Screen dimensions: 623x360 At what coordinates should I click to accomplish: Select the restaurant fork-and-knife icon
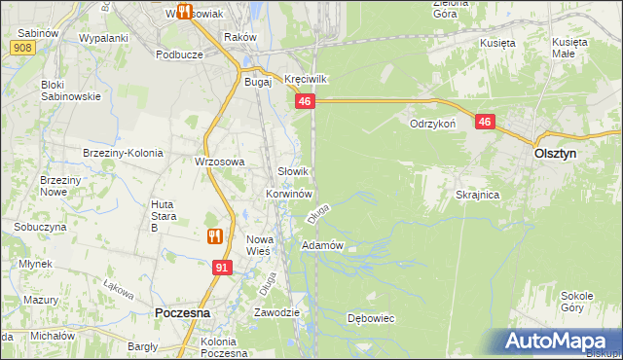tap(215, 235)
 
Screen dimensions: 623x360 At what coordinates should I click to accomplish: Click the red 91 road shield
tap(223, 267)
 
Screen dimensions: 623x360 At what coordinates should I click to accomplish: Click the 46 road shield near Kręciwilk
tap(305, 101)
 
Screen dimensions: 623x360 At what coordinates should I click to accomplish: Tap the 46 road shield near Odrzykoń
tap(486, 122)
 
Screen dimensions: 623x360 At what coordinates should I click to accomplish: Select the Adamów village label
tap(323, 245)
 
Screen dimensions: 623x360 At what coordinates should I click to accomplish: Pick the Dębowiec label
tap(370, 318)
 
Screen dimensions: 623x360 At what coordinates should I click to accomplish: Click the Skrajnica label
tap(477, 195)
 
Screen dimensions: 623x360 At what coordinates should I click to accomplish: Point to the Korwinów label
tap(287, 194)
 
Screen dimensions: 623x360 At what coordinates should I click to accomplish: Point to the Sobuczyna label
tap(40, 226)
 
